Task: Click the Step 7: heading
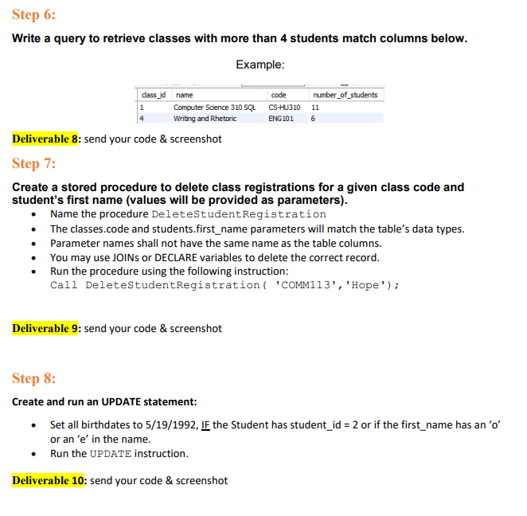point(34,164)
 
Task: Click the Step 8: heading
point(34,378)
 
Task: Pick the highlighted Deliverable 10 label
point(49,480)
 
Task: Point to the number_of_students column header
point(345,95)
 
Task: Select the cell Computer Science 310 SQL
point(215,107)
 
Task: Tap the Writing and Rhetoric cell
point(205,119)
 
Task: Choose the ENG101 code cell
point(281,119)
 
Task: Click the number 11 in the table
point(315,107)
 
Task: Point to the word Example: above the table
point(260,64)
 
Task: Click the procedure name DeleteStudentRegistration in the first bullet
point(239,214)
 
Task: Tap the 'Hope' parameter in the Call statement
point(365,285)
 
